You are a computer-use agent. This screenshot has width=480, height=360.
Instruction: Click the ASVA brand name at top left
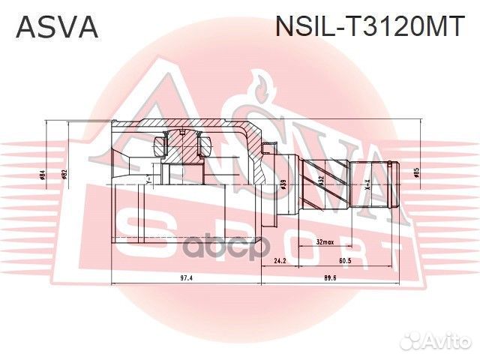pos(57,28)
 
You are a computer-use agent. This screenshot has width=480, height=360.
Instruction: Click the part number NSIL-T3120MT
pos(370,28)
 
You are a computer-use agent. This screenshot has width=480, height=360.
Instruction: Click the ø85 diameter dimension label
pos(416,172)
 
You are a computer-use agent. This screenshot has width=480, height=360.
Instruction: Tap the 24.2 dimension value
pos(279,262)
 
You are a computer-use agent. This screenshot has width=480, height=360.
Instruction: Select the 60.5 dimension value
pos(346,262)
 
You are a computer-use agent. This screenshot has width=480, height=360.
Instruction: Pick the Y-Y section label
pos(149,180)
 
